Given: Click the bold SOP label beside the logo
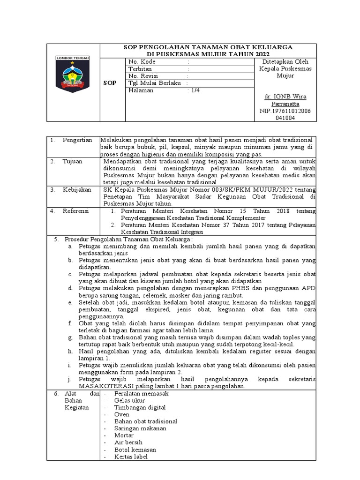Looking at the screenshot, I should coord(110,82).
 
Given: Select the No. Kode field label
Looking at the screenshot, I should coord(142,61).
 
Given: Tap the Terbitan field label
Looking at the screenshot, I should coord(140,69).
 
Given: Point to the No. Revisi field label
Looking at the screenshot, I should coord(143,76).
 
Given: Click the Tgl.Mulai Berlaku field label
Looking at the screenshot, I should coord(155,83).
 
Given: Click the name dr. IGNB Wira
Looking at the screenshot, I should coord(285,97).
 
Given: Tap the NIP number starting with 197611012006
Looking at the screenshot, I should coord(285,111).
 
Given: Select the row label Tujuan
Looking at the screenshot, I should coord(72,161).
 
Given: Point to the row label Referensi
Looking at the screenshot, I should coord(75,211).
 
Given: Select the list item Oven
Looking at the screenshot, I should coord(121,414).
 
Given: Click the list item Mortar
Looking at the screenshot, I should coord(124,435).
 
